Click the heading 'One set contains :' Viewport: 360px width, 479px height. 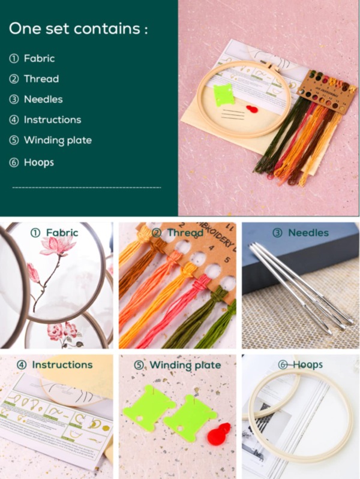pos(78,28)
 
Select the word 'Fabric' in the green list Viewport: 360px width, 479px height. pos(39,58)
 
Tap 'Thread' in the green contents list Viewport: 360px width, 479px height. pos(41,79)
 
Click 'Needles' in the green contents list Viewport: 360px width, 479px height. pos(43,99)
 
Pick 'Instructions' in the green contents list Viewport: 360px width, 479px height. pos(52,119)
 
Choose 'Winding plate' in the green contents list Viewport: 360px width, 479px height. pos(57,140)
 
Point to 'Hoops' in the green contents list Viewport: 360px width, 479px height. pos(39,162)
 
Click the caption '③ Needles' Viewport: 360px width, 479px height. pos(302,233)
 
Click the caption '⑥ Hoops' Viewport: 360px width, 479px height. pos(301,364)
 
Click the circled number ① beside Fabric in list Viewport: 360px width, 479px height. pos(14,58)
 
